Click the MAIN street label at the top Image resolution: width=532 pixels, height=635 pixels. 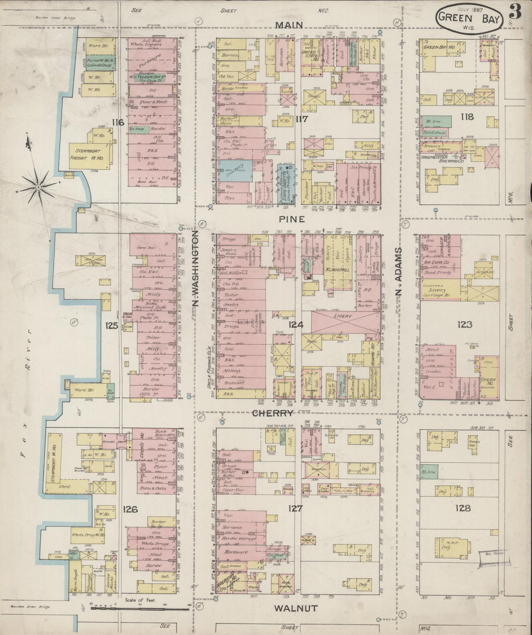(289, 25)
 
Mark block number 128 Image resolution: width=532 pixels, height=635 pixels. (463, 508)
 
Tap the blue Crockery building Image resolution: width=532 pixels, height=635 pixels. (235, 170)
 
